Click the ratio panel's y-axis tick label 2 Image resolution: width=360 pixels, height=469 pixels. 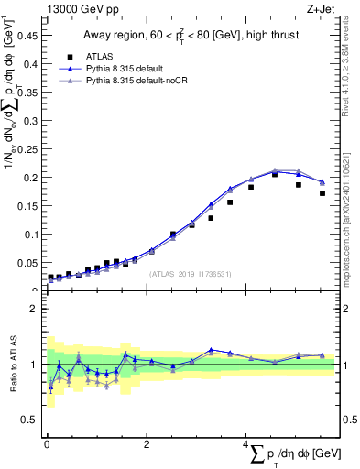click(x=33, y=309)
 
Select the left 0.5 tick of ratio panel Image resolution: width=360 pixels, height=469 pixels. click(x=29, y=420)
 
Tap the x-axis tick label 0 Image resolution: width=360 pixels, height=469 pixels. click(x=47, y=444)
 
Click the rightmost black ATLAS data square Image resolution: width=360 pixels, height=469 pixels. click(x=322, y=193)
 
